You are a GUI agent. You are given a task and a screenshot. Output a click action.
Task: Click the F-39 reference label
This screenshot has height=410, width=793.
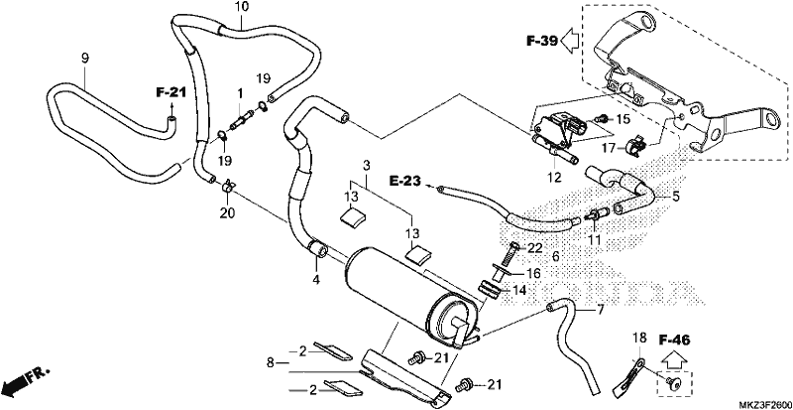[541, 41]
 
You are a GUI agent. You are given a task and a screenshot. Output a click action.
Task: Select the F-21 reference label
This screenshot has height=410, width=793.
[170, 92]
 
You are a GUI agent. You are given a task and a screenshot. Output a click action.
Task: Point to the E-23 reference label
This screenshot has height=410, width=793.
[405, 181]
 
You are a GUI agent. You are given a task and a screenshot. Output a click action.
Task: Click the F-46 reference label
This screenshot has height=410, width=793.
[674, 341]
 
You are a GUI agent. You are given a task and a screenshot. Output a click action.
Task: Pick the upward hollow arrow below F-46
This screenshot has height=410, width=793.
[674, 359]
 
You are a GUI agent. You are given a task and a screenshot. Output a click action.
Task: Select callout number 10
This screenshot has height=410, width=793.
[241, 8]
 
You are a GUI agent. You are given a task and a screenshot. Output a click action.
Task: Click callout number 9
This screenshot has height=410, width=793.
[85, 58]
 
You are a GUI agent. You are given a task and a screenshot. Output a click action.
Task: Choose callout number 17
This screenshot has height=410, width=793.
[608, 149]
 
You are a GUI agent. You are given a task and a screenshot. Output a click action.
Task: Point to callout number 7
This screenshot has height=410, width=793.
[601, 309]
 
